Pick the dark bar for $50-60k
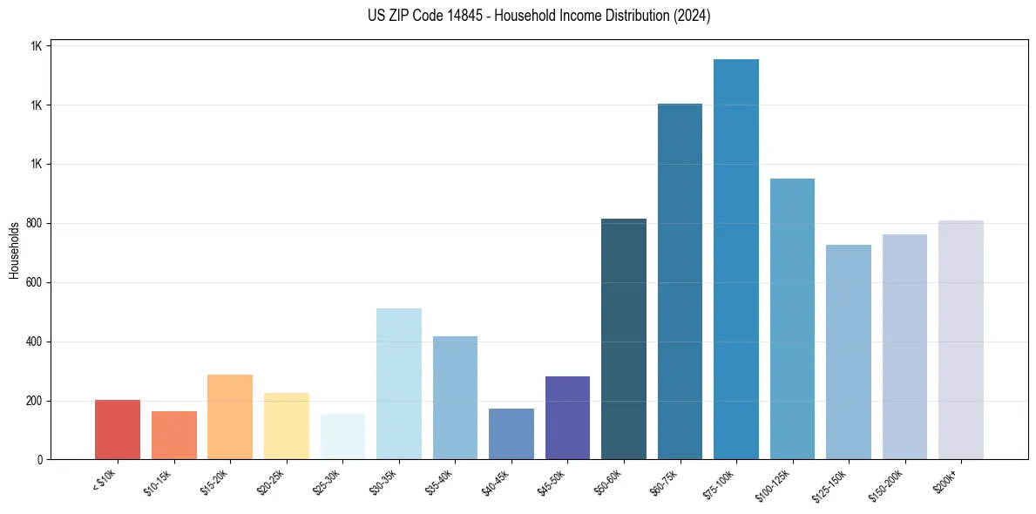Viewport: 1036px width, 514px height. click(624, 339)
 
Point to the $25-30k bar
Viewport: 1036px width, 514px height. click(342, 436)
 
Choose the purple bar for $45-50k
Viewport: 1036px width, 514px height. click(567, 417)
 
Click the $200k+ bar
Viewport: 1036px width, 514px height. click(961, 340)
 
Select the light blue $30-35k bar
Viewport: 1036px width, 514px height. click(399, 383)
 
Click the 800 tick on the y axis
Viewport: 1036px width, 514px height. click(35, 224)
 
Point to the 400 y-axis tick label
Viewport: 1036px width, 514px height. click(35, 342)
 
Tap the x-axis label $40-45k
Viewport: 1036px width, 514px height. click(496, 481)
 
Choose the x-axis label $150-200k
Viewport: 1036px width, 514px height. click(885, 484)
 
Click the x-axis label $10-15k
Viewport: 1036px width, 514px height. click(159, 481)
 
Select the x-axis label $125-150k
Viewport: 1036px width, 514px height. click(829, 484)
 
